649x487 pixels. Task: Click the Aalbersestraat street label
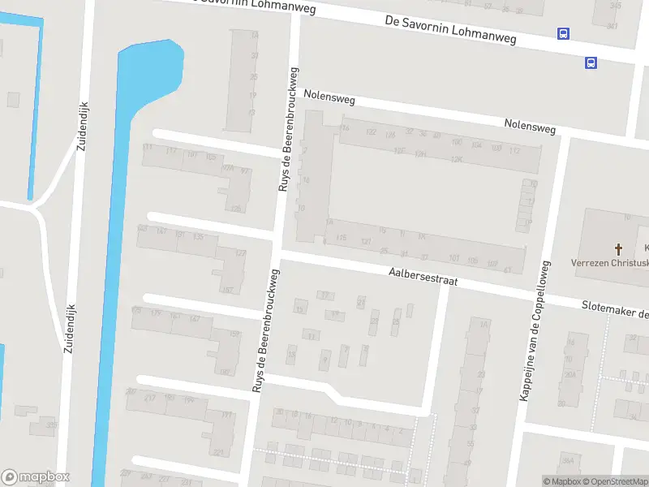coord(423,278)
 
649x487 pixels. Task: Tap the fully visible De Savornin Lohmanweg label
coord(450,28)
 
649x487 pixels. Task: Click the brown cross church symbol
coord(618,248)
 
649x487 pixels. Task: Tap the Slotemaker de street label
coord(615,308)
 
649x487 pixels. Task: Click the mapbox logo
coord(36,477)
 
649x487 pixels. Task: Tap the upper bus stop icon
coord(563,33)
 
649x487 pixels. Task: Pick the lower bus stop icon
coord(591,62)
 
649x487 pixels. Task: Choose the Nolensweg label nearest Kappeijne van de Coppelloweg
coord(530,127)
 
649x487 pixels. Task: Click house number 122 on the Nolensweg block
coord(372,131)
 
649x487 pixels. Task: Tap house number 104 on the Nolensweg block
coord(476,144)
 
